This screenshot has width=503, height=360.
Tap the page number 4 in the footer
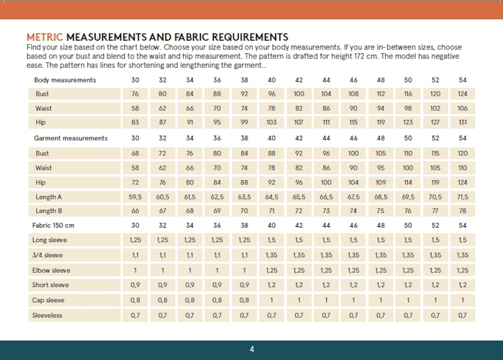252,349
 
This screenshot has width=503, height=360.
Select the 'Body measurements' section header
65,80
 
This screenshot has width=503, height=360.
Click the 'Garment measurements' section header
70,138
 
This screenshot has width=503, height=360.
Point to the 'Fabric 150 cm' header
53,225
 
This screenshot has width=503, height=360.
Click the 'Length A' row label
49,197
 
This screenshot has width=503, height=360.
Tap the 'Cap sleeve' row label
48,300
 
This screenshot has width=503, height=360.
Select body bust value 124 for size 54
462,94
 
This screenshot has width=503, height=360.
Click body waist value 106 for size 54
462,108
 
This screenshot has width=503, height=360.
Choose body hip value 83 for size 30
135,122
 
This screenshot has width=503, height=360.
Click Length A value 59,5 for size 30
135,197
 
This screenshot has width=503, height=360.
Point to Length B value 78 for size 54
462,211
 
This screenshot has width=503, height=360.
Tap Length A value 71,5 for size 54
462,197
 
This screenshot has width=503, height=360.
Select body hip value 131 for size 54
462,122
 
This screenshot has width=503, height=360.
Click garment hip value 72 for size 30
135,183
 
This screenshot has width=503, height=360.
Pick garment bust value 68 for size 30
135,153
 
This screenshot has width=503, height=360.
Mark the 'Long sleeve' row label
49,240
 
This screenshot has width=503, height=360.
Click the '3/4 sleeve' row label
48,255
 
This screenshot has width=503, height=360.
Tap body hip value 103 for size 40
272,122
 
